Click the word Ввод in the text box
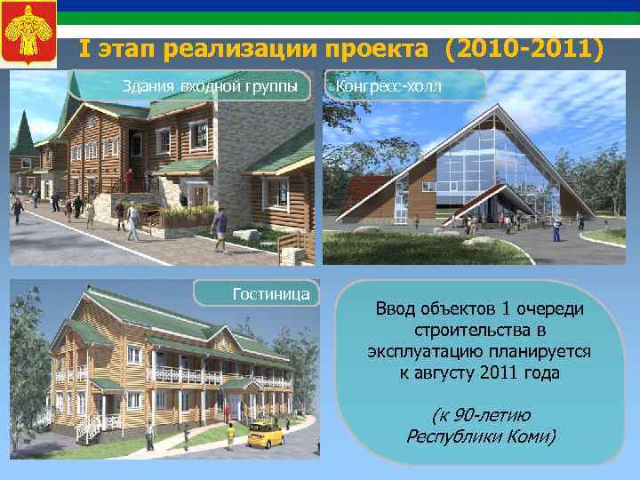(395, 308)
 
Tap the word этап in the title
(126, 47)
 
